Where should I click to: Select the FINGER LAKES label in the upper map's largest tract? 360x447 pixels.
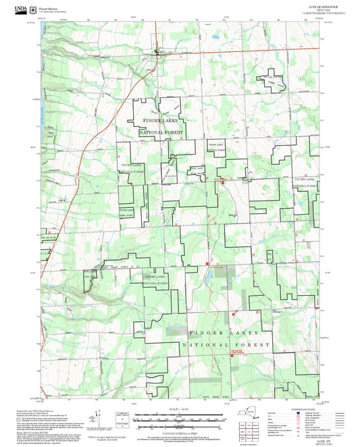pyautogui.click(x=161, y=120)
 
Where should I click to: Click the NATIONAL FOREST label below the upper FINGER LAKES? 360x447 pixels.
pyautogui.click(x=161, y=134)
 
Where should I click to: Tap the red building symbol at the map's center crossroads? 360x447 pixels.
pyautogui.click(x=218, y=178)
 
